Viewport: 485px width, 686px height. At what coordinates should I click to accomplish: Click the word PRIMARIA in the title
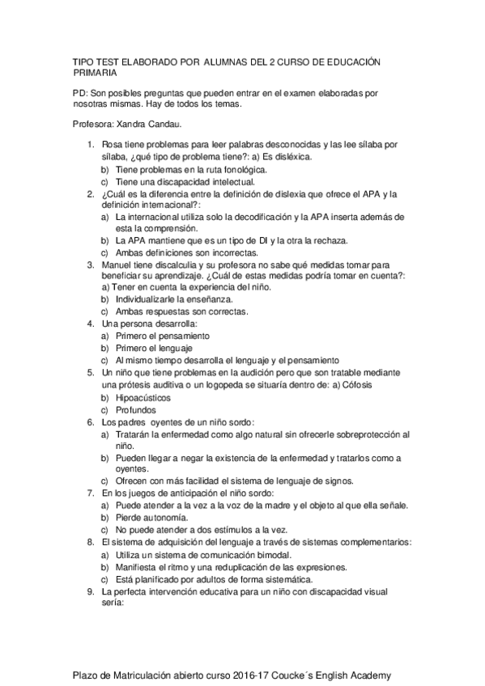click(97, 73)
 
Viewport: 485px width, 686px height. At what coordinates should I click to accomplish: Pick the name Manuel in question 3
click(116, 265)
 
